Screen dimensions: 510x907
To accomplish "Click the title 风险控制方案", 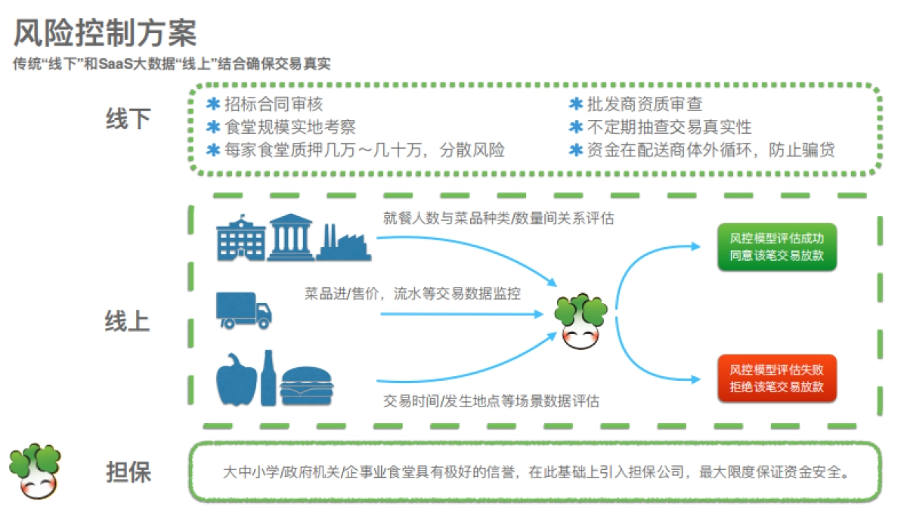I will [106, 35].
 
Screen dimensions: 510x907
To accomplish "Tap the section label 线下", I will [128, 119].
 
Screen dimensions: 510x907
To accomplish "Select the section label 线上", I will [127, 321].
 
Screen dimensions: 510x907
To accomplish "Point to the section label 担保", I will [128, 471].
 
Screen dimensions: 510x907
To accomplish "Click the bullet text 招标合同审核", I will [274, 104].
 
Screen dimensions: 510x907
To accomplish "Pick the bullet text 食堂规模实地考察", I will [290, 127].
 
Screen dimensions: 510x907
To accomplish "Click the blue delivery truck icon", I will [243, 310].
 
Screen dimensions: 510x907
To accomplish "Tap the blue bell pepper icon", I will [237, 381].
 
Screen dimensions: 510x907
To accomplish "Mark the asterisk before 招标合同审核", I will [213, 104].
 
